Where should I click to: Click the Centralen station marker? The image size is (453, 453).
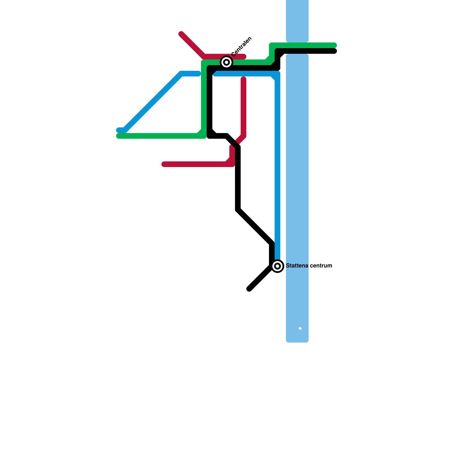226,62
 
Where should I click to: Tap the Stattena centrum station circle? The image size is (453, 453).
278,266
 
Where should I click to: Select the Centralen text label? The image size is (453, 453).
242,46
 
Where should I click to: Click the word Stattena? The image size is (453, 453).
297,266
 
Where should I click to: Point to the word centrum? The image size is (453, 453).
321,266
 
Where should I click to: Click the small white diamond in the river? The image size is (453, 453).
300,328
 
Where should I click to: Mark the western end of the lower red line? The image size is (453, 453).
164,164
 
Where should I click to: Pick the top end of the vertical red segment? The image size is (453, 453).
243,79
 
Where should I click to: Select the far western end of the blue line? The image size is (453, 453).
119,130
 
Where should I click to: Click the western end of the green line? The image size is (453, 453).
119,136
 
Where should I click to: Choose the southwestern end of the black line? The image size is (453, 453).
249,289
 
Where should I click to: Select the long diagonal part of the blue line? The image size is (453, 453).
153,102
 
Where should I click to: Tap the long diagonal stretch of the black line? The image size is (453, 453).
255,226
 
